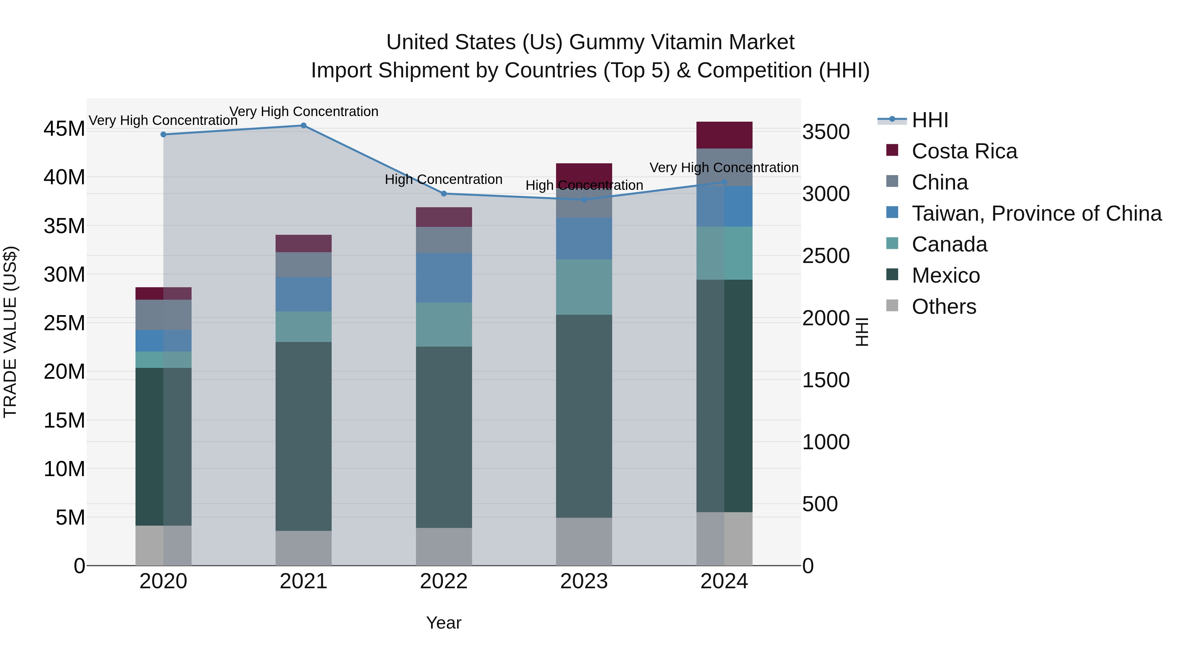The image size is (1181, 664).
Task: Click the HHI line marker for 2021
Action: click(x=303, y=126)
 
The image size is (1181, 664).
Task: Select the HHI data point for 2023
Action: click(x=584, y=200)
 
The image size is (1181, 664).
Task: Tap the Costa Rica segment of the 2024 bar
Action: click(x=724, y=135)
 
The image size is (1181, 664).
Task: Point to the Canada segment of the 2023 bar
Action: click(x=584, y=287)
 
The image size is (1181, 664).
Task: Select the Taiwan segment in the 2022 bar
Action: click(x=444, y=278)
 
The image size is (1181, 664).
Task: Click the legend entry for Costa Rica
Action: click(x=964, y=151)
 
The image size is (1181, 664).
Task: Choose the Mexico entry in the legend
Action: click(x=945, y=275)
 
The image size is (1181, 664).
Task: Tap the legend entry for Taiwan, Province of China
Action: click(x=1036, y=213)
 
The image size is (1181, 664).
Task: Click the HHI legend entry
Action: click(x=929, y=120)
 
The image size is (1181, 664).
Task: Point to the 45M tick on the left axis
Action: click(x=64, y=129)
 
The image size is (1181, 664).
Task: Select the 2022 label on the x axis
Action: click(x=444, y=581)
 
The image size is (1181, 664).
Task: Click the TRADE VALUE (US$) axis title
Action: click(x=10, y=332)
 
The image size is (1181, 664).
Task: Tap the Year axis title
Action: click(x=444, y=623)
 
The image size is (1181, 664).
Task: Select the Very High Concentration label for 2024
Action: click(x=724, y=168)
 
